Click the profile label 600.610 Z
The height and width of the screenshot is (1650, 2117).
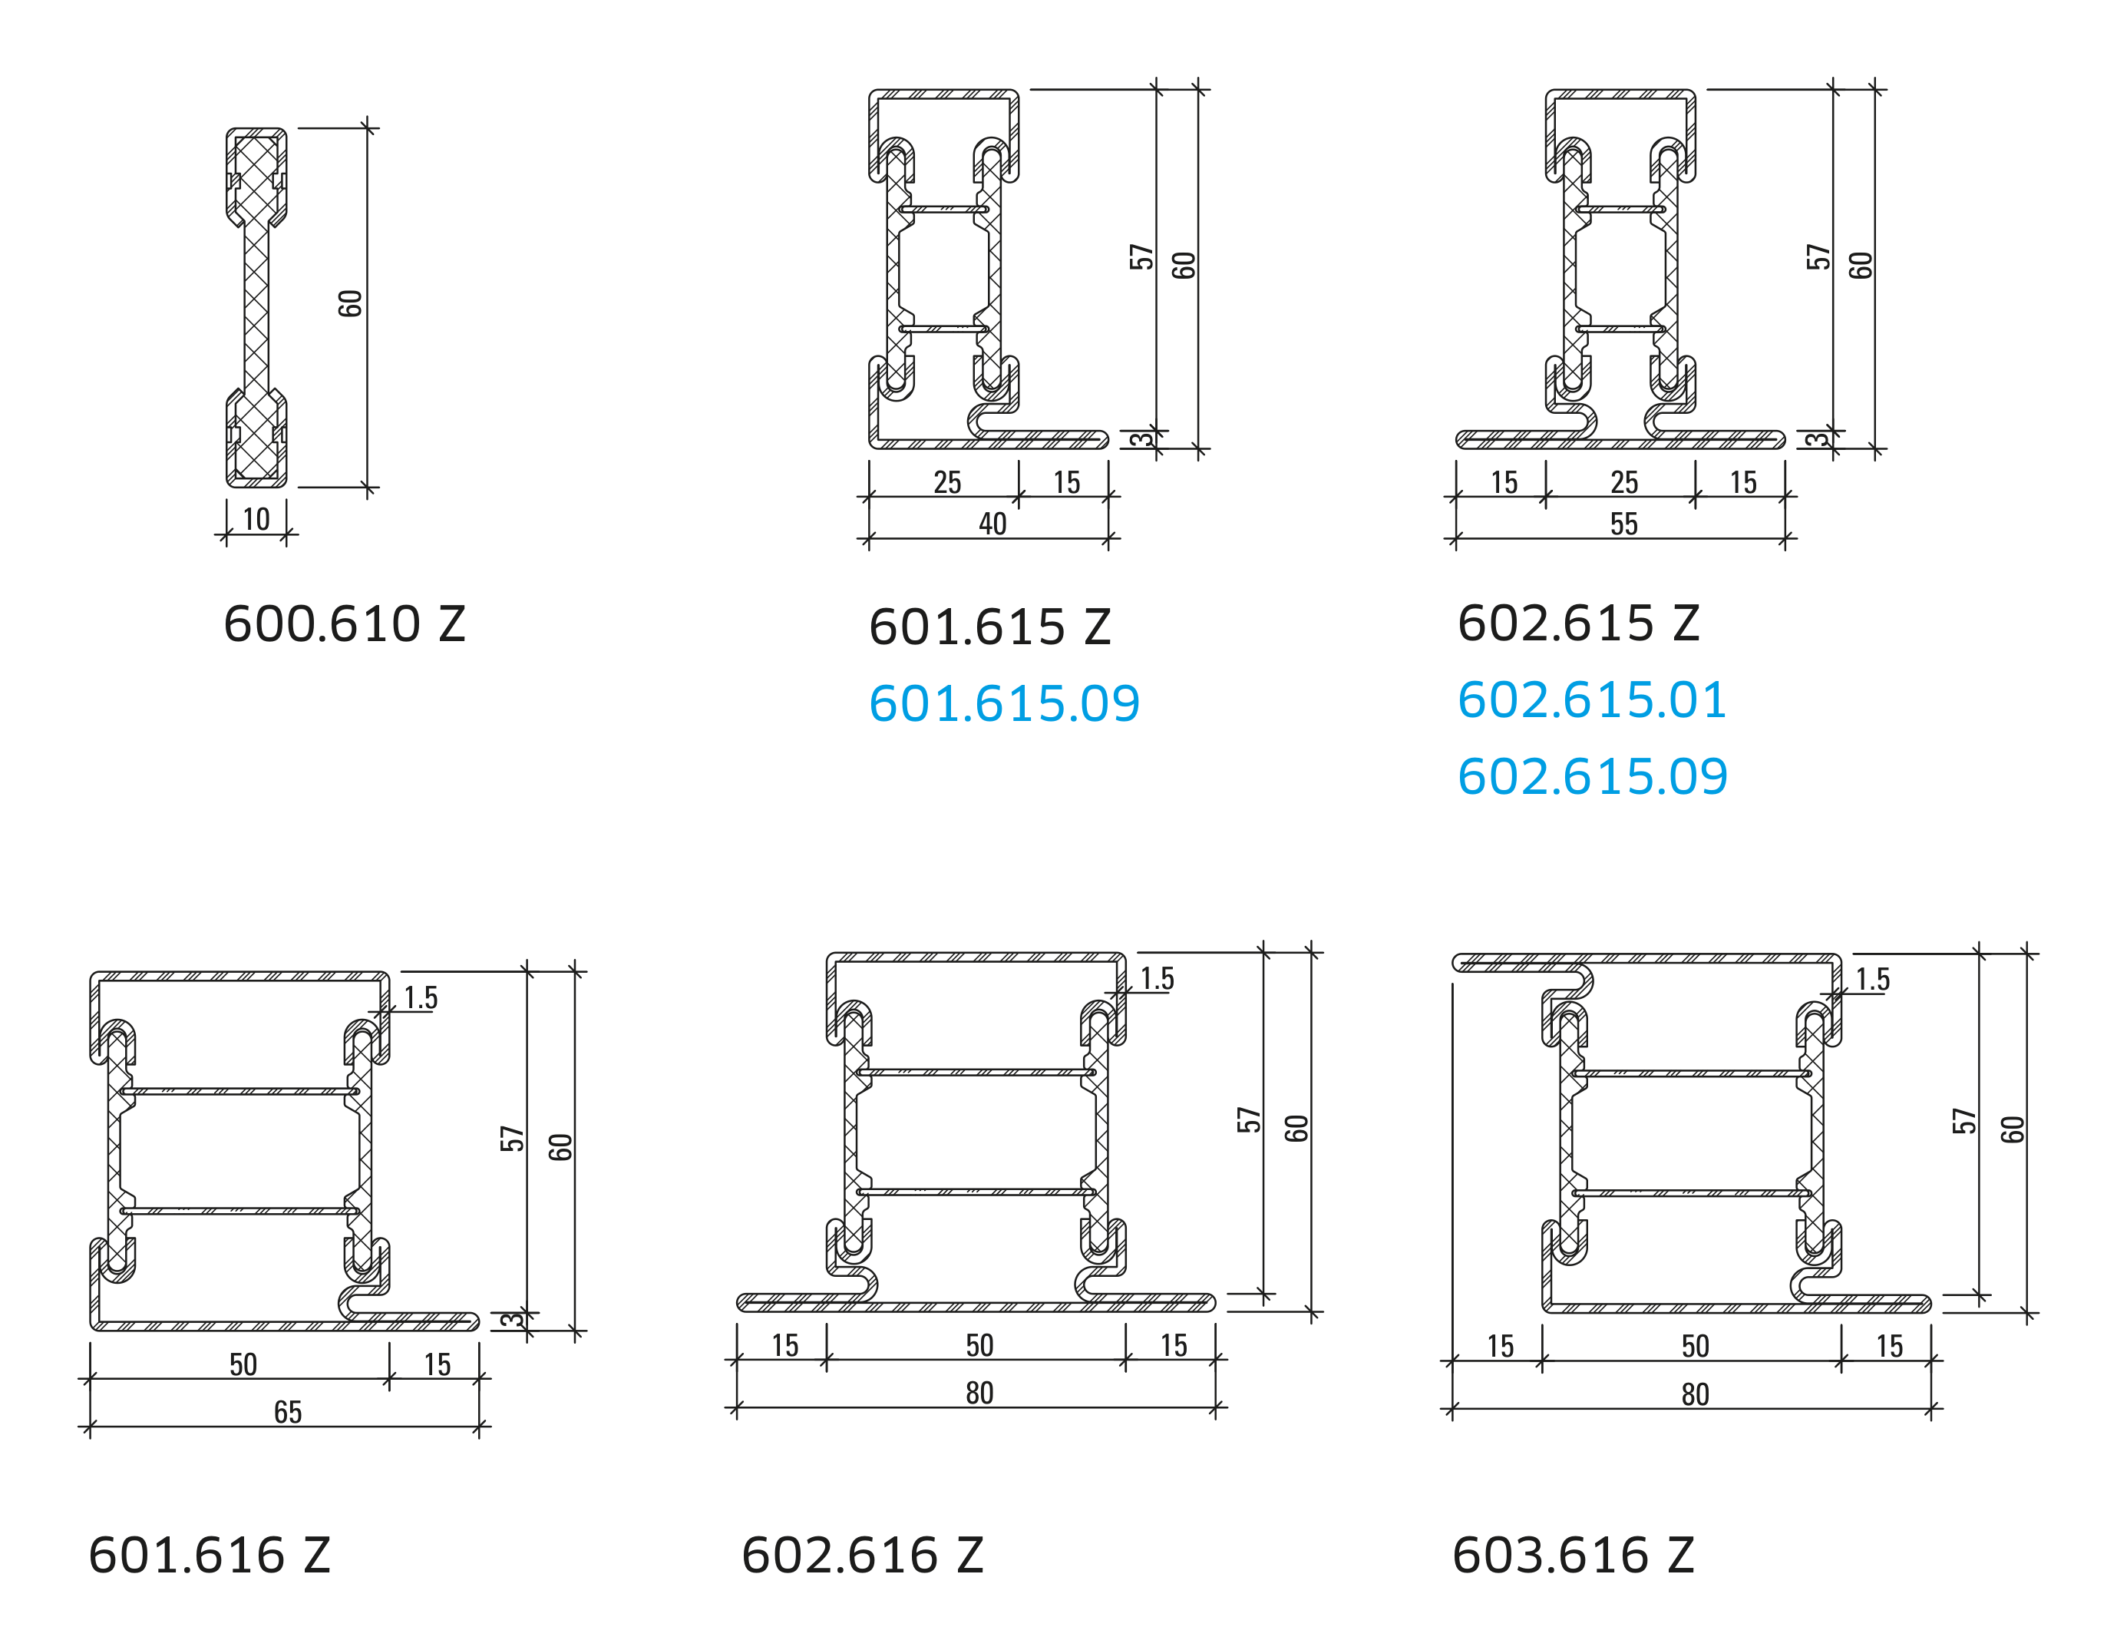[x=344, y=623]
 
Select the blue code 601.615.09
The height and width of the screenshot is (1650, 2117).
[x=1004, y=704]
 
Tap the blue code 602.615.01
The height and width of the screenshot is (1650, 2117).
[x=1593, y=700]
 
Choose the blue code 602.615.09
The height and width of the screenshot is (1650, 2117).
[x=1593, y=776]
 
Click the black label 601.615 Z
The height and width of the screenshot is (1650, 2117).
[x=989, y=627]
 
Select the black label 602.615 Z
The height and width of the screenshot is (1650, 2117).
[x=1579, y=623]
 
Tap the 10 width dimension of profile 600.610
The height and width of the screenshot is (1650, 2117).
[x=256, y=520]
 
